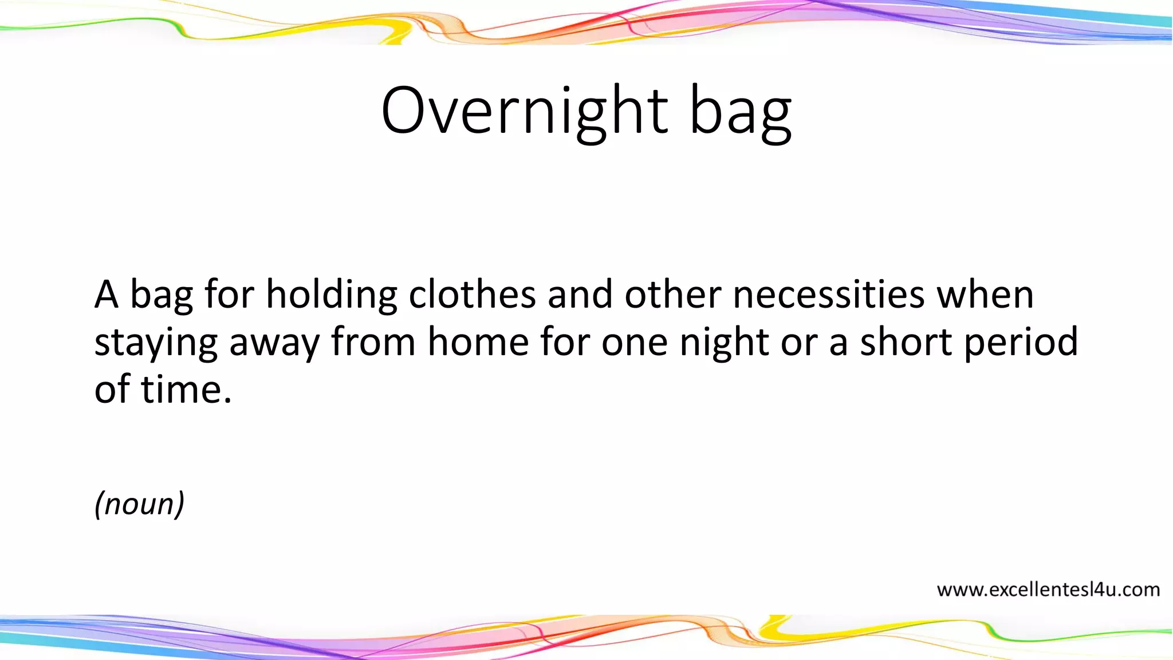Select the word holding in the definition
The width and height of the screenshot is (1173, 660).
click(332, 295)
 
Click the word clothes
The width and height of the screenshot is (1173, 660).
click(473, 295)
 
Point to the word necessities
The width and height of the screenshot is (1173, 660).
click(829, 295)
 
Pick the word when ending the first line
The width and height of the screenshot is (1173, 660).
click(985, 295)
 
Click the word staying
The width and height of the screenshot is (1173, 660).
click(156, 343)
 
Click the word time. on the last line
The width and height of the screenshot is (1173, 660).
click(186, 390)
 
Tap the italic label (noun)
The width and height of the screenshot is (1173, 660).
click(139, 504)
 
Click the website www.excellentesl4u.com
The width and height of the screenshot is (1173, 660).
click(1048, 590)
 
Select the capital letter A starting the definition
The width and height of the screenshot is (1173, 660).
click(107, 295)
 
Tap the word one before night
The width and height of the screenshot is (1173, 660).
click(635, 343)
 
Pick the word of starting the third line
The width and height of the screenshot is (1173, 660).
click(112, 390)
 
